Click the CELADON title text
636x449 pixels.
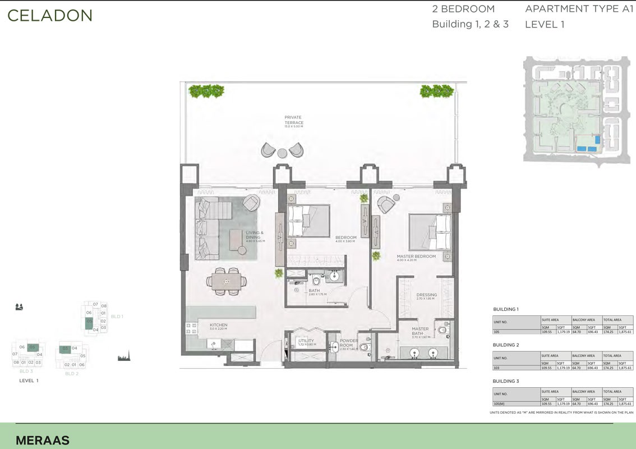(49, 16)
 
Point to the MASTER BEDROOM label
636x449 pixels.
(416, 257)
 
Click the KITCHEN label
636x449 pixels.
(218, 325)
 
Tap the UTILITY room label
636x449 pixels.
(306, 341)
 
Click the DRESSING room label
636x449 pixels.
(426, 295)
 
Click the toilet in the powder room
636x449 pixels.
(365, 347)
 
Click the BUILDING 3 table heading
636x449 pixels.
(506, 381)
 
